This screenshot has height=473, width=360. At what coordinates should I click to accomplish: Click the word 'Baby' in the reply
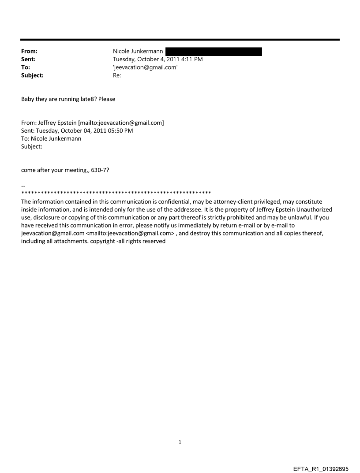[29, 99]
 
